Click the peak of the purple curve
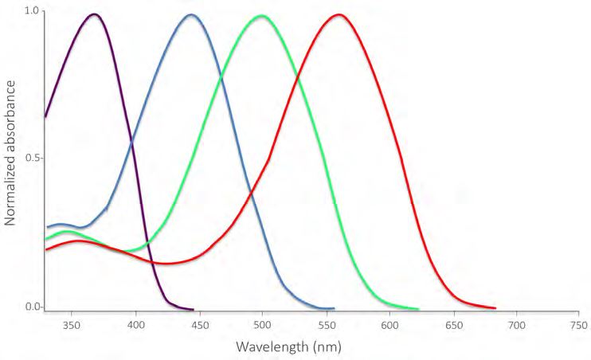(95, 14)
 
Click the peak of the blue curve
(190, 14)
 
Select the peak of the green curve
(262, 16)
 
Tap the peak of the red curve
(339, 14)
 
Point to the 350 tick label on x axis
(72, 326)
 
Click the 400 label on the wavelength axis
(135, 326)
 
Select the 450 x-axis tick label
(199, 326)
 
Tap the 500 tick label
(263, 326)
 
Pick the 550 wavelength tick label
(327, 326)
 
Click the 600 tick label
(389, 326)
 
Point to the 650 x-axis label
(453, 326)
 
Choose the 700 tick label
(517, 326)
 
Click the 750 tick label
(580, 326)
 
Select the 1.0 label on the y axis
(33, 11)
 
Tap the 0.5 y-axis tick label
(33, 158)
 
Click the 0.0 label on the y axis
(33, 307)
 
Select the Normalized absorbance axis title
(10, 159)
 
